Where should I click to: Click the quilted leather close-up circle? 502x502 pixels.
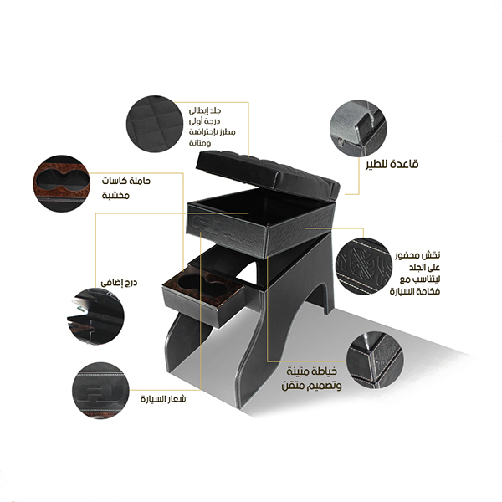pos(155,124)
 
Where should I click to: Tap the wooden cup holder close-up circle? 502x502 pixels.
pos(61,184)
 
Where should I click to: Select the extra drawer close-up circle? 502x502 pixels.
pos(95,316)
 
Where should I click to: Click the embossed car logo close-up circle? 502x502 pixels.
pos(101,391)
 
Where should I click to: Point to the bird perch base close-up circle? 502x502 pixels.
pos(359,128)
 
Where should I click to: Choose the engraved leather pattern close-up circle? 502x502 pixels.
pos(364,266)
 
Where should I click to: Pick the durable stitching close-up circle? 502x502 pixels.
pos(375,361)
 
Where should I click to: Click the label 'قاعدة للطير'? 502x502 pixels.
pos(392,164)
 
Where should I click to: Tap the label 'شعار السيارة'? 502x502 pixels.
pos(163,399)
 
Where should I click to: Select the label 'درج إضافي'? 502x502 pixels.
pos(119,283)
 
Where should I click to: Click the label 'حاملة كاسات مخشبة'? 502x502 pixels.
pos(125,187)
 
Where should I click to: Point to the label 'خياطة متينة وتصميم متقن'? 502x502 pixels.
pos(311,379)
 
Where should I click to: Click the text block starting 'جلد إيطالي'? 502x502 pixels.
pos(212,126)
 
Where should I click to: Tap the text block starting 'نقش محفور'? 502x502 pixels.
pos(415,273)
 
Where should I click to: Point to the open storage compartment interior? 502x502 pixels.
pos(261,207)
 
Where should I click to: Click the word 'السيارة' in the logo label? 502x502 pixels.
pos(152,400)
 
